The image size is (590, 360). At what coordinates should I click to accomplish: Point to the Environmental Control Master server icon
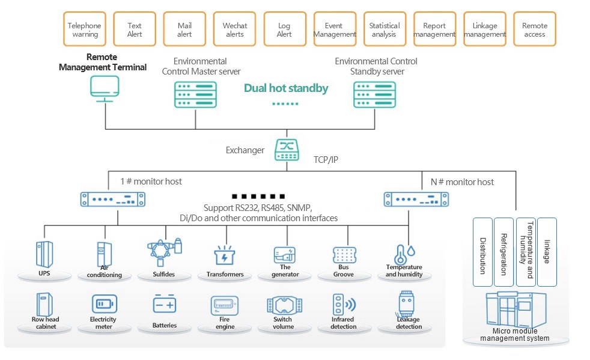[194, 94]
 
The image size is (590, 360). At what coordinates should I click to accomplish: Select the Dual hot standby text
[286, 88]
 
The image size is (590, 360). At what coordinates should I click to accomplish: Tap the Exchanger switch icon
[286, 150]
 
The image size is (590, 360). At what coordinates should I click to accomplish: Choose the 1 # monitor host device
[113, 198]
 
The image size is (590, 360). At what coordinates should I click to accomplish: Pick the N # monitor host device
[416, 198]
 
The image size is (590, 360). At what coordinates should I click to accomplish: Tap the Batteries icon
[164, 305]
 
